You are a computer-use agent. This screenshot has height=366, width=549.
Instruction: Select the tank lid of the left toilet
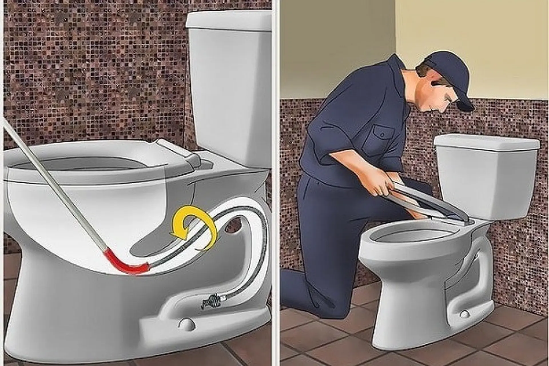coord(229,21)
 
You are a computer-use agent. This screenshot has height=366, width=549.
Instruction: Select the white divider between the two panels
coord(276,183)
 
